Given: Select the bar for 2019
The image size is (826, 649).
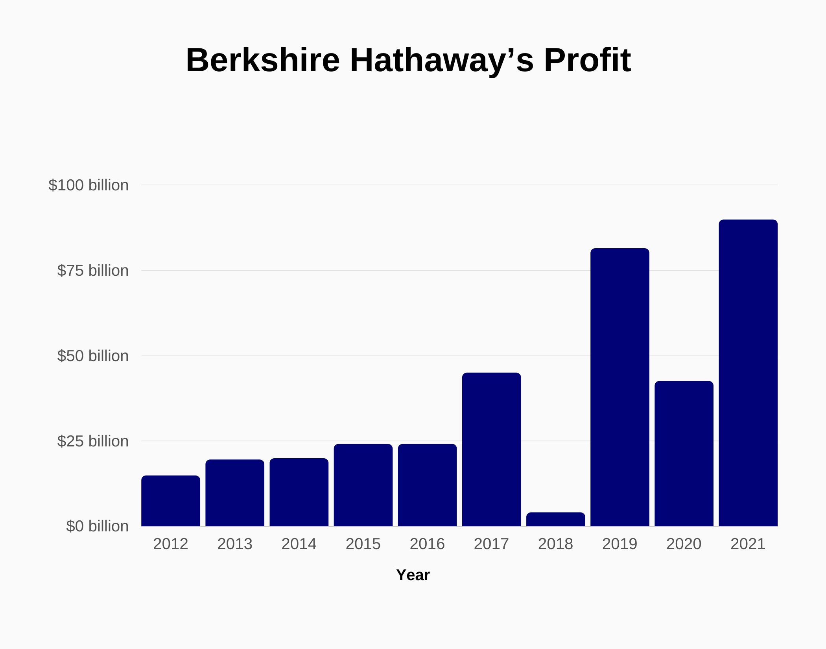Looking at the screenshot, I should tap(619, 387).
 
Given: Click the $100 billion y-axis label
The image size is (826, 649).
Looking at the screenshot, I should tap(88, 185).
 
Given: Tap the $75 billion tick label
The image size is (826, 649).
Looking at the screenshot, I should tap(93, 271).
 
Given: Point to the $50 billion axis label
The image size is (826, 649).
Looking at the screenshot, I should tap(93, 356).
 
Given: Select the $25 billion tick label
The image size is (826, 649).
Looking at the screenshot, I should tap(93, 441).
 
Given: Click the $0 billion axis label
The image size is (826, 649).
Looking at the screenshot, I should tap(97, 526).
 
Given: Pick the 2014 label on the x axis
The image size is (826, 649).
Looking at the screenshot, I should tap(299, 544).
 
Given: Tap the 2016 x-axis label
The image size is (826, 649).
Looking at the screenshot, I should tap(427, 544).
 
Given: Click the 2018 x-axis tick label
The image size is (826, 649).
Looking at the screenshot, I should tap(555, 544).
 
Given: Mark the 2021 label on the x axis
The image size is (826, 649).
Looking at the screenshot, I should tap(748, 544).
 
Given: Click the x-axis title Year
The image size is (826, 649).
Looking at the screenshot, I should tap(413, 575).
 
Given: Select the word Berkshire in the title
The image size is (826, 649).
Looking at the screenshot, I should tap(263, 60).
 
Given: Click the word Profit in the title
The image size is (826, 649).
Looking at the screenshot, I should tap(587, 60).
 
